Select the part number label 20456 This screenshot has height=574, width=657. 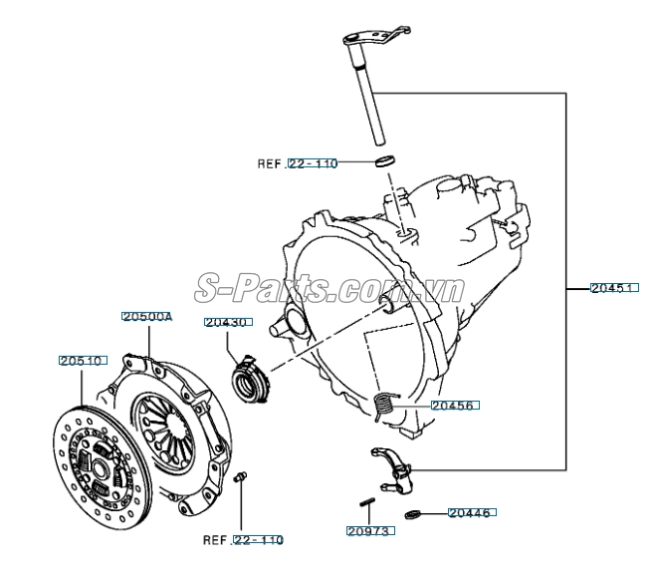[x=453, y=406]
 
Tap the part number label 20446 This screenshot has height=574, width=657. [x=471, y=513]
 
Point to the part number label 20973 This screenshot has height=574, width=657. [x=370, y=532]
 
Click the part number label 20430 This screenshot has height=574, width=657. [x=228, y=323]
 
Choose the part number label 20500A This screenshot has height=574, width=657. [x=147, y=317]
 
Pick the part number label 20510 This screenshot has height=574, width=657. [x=82, y=360]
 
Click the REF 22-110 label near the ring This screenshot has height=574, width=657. [x=298, y=163]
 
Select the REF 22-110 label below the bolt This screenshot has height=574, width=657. [x=244, y=540]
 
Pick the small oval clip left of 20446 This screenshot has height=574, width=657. [x=418, y=514]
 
